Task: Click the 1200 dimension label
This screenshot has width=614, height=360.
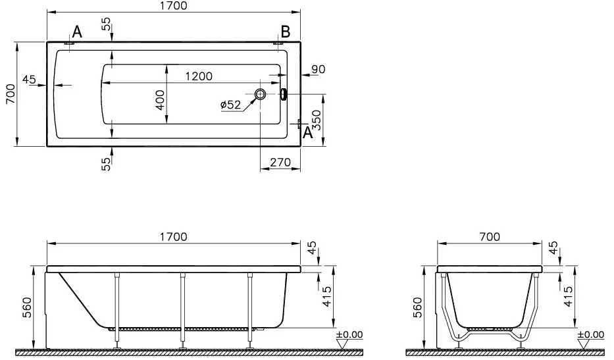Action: (199, 76)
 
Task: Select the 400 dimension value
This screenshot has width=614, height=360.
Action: (160, 100)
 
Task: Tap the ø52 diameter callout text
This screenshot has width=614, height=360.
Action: (230, 105)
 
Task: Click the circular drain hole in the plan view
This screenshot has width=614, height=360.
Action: (260, 94)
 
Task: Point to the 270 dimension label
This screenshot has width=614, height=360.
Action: (280, 162)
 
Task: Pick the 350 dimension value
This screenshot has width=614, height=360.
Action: (317, 120)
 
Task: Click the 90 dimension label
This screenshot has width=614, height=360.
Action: (318, 69)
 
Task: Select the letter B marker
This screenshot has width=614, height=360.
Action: (286, 32)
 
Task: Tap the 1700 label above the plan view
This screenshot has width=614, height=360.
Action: (174, 6)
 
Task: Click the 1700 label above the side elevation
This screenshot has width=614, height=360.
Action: (174, 237)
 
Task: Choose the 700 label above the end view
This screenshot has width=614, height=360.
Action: (490, 237)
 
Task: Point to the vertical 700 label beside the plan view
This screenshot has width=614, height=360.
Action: (11, 94)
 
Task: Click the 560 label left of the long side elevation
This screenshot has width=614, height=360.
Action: (26, 307)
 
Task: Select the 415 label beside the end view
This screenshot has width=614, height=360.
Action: (568, 297)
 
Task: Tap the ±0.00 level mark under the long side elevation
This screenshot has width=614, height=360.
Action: (349, 335)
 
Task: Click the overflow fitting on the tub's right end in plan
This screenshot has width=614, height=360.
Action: (283, 94)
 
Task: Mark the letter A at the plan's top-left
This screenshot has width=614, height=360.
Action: (78, 32)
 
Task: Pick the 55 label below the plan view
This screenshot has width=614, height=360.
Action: (107, 164)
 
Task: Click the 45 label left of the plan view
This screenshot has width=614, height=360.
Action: (29, 80)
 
